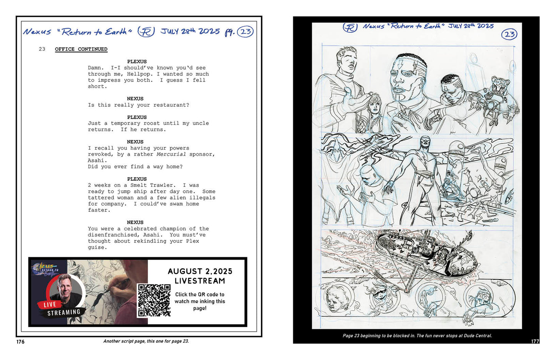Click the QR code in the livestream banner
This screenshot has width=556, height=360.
[x=154, y=300]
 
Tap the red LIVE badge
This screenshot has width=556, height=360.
[x=50, y=305]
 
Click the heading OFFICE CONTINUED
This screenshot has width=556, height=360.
[x=81, y=49]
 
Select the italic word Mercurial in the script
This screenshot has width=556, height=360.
[x=171, y=154]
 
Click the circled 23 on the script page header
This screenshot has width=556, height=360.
[x=245, y=32]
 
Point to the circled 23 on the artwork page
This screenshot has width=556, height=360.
[x=509, y=34]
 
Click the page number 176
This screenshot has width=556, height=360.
[x=20, y=342]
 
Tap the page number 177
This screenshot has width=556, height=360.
[x=535, y=342]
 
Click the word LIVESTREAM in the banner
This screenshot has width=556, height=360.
[x=200, y=281]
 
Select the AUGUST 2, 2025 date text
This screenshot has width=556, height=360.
[x=200, y=271]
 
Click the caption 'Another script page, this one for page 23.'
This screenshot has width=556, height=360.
[x=146, y=341]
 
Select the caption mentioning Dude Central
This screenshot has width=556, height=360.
[x=417, y=336]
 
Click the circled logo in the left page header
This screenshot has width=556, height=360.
[x=146, y=32]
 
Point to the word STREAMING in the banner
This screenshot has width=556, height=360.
[x=64, y=313]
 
